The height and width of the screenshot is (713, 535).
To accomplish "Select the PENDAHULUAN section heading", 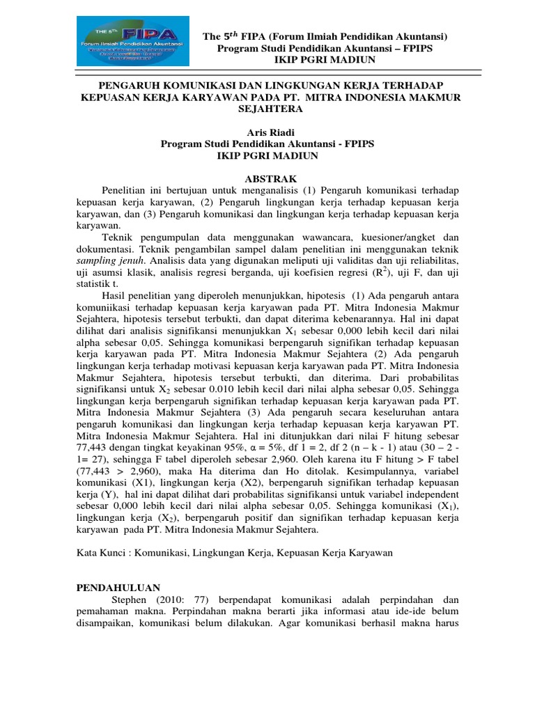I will [118, 588].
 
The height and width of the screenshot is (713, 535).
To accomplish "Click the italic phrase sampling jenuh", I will [105, 260].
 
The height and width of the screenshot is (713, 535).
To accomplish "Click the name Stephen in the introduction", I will [130, 600].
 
